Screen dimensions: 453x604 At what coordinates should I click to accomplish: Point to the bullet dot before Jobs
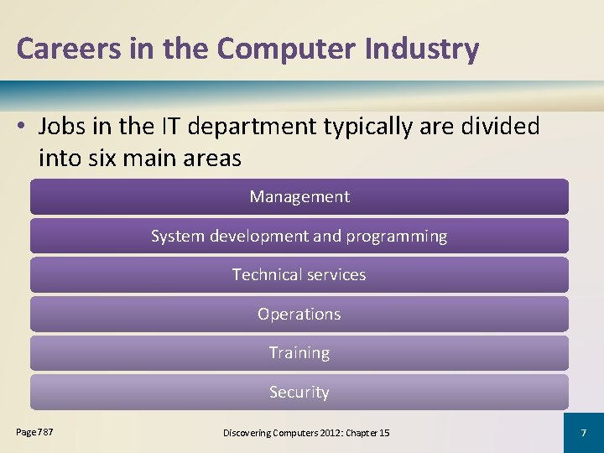point(22,128)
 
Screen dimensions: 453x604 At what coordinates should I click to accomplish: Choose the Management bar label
point(299,197)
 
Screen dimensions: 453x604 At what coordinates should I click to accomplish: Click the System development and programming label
point(299,237)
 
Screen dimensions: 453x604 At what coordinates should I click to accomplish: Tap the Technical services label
point(299,275)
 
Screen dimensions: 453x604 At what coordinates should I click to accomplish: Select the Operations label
point(299,315)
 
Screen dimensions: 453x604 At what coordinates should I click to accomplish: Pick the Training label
point(299,353)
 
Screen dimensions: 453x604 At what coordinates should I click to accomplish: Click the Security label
point(299,393)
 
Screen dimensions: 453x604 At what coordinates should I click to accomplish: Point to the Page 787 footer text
point(34,431)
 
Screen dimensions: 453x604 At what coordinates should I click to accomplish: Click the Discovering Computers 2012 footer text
point(306,433)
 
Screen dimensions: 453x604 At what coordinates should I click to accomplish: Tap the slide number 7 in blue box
point(584,432)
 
